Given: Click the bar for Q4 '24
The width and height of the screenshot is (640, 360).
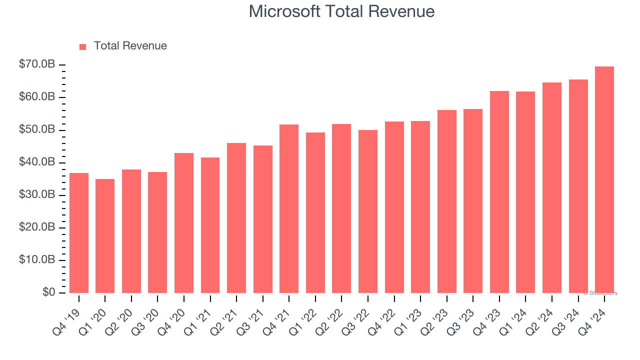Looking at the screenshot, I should point(604,180).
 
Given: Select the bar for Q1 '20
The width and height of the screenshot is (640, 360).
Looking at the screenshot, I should point(105,236).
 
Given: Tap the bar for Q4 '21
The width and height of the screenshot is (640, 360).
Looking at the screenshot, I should point(289,209).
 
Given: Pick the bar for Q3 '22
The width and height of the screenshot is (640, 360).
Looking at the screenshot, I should point(368,211).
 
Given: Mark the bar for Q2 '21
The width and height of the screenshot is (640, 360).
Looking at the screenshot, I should point(236,218).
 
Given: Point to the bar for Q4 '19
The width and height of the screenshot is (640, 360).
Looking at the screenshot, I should point(79,233).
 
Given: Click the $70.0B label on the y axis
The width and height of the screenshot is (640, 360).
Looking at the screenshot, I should point(37,64).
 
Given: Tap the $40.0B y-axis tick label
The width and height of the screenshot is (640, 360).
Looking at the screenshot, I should point(37,162).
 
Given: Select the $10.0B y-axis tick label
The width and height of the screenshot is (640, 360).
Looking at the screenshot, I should point(37,260).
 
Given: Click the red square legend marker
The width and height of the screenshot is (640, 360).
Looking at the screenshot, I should point(83,46).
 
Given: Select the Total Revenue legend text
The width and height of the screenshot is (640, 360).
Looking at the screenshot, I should point(130,46).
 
